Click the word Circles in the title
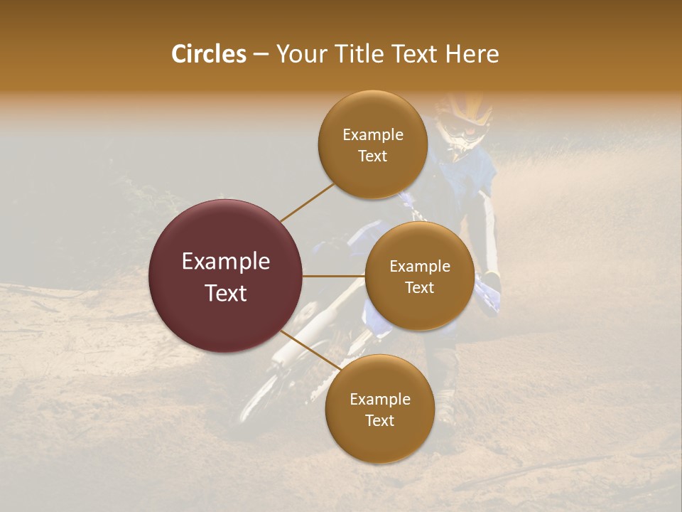tap(209, 54)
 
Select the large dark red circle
tap(225, 276)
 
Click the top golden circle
tap(372, 145)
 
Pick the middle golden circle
tap(419, 276)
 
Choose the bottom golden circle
tap(379, 410)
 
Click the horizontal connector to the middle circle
tap(333, 276)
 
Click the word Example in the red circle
tap(225, 262)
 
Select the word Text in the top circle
tap(372, 156)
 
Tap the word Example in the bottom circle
tap(379, 400)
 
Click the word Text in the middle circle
tap(419, 287)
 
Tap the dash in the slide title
tap(261, 55)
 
